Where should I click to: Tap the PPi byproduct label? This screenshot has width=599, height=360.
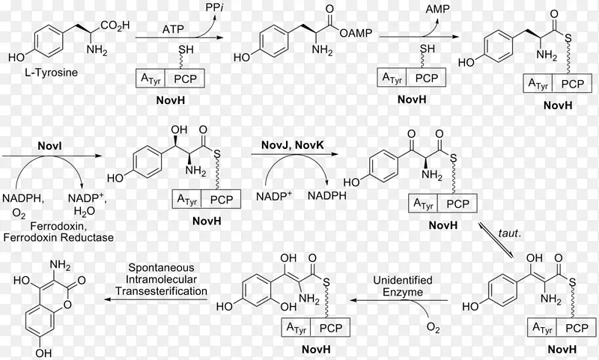[215, 7]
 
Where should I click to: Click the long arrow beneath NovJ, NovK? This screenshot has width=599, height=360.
[298, 155]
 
